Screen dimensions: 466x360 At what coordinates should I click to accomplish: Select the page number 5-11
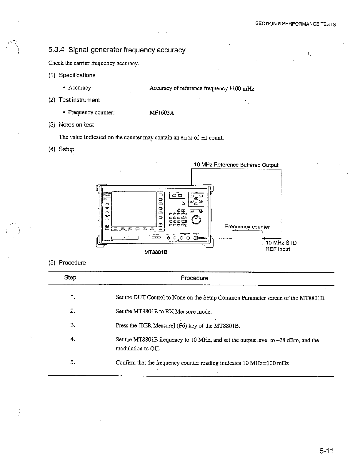point(326,451)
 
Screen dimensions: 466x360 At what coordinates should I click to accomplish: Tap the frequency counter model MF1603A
point(162,113)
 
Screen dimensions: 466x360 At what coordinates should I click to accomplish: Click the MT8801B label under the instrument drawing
point(156,252)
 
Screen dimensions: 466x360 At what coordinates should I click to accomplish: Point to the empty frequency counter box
point(247,238)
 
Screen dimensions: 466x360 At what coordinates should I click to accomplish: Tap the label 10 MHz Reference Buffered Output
point(236,165)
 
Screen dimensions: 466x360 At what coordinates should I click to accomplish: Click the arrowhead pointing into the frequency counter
point(264,238)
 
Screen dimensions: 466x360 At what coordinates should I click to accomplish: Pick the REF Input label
point(278,249)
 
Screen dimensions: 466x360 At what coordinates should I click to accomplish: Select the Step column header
point(70,277)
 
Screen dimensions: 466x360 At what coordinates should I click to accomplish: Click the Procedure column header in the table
point(194,278)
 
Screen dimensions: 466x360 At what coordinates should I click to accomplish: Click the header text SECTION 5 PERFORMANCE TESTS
point(295,24)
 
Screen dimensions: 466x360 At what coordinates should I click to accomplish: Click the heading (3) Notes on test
point(71,124)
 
